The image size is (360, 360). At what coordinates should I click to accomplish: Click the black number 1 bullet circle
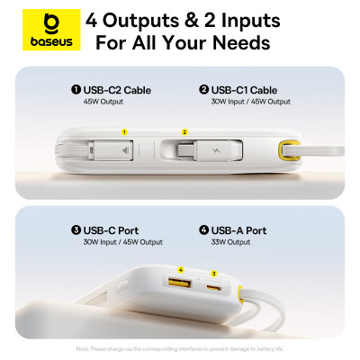pos(76,90)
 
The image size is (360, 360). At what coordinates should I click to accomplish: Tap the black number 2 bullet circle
pos(204,90)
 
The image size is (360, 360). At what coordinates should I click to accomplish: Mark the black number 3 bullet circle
pos(76,230)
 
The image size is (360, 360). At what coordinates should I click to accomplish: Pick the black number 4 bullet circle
pos(204,230)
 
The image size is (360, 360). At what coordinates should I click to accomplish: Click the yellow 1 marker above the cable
pos(124,131)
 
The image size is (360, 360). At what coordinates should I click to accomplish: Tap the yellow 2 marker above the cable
pos(185,131)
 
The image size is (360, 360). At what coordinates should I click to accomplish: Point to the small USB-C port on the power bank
pos(214,287)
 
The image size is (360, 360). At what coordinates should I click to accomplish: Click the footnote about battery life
pos(180,347)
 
